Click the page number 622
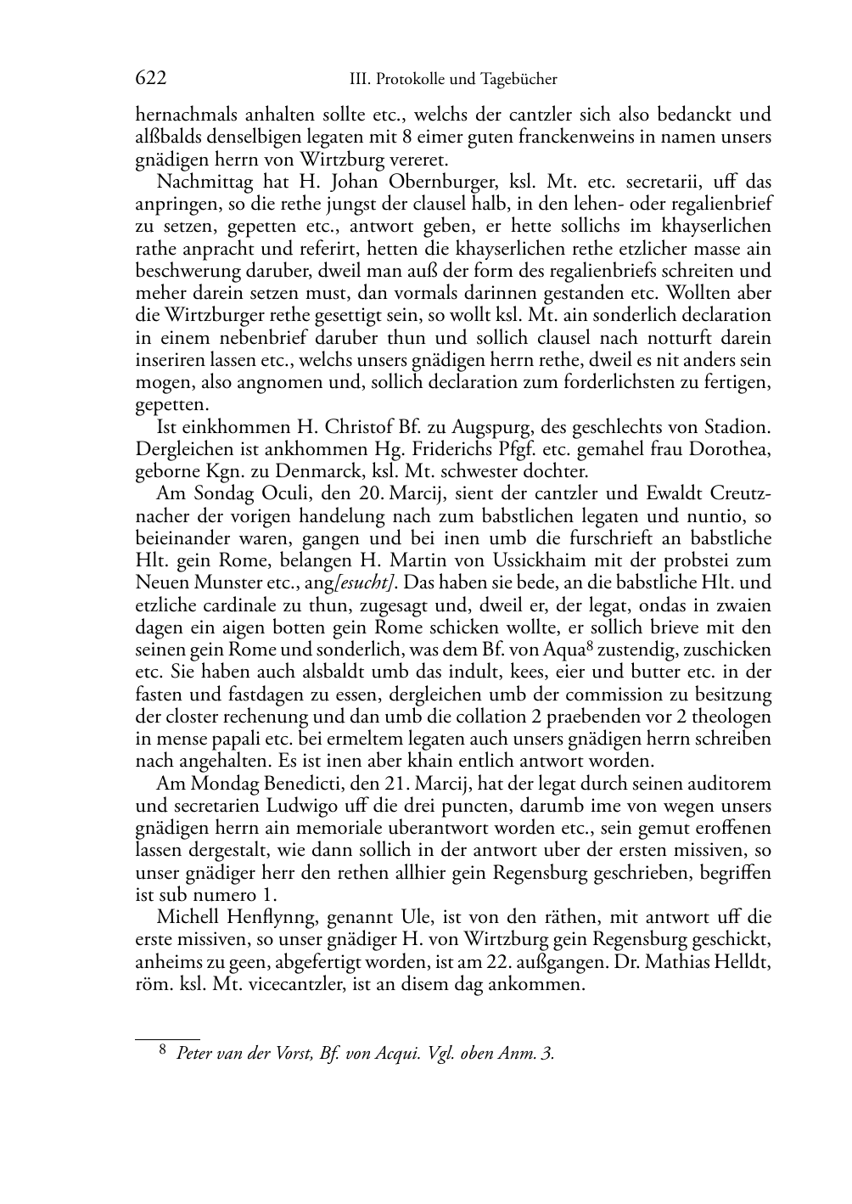coord(150,79)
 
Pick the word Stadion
coord(737,426)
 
